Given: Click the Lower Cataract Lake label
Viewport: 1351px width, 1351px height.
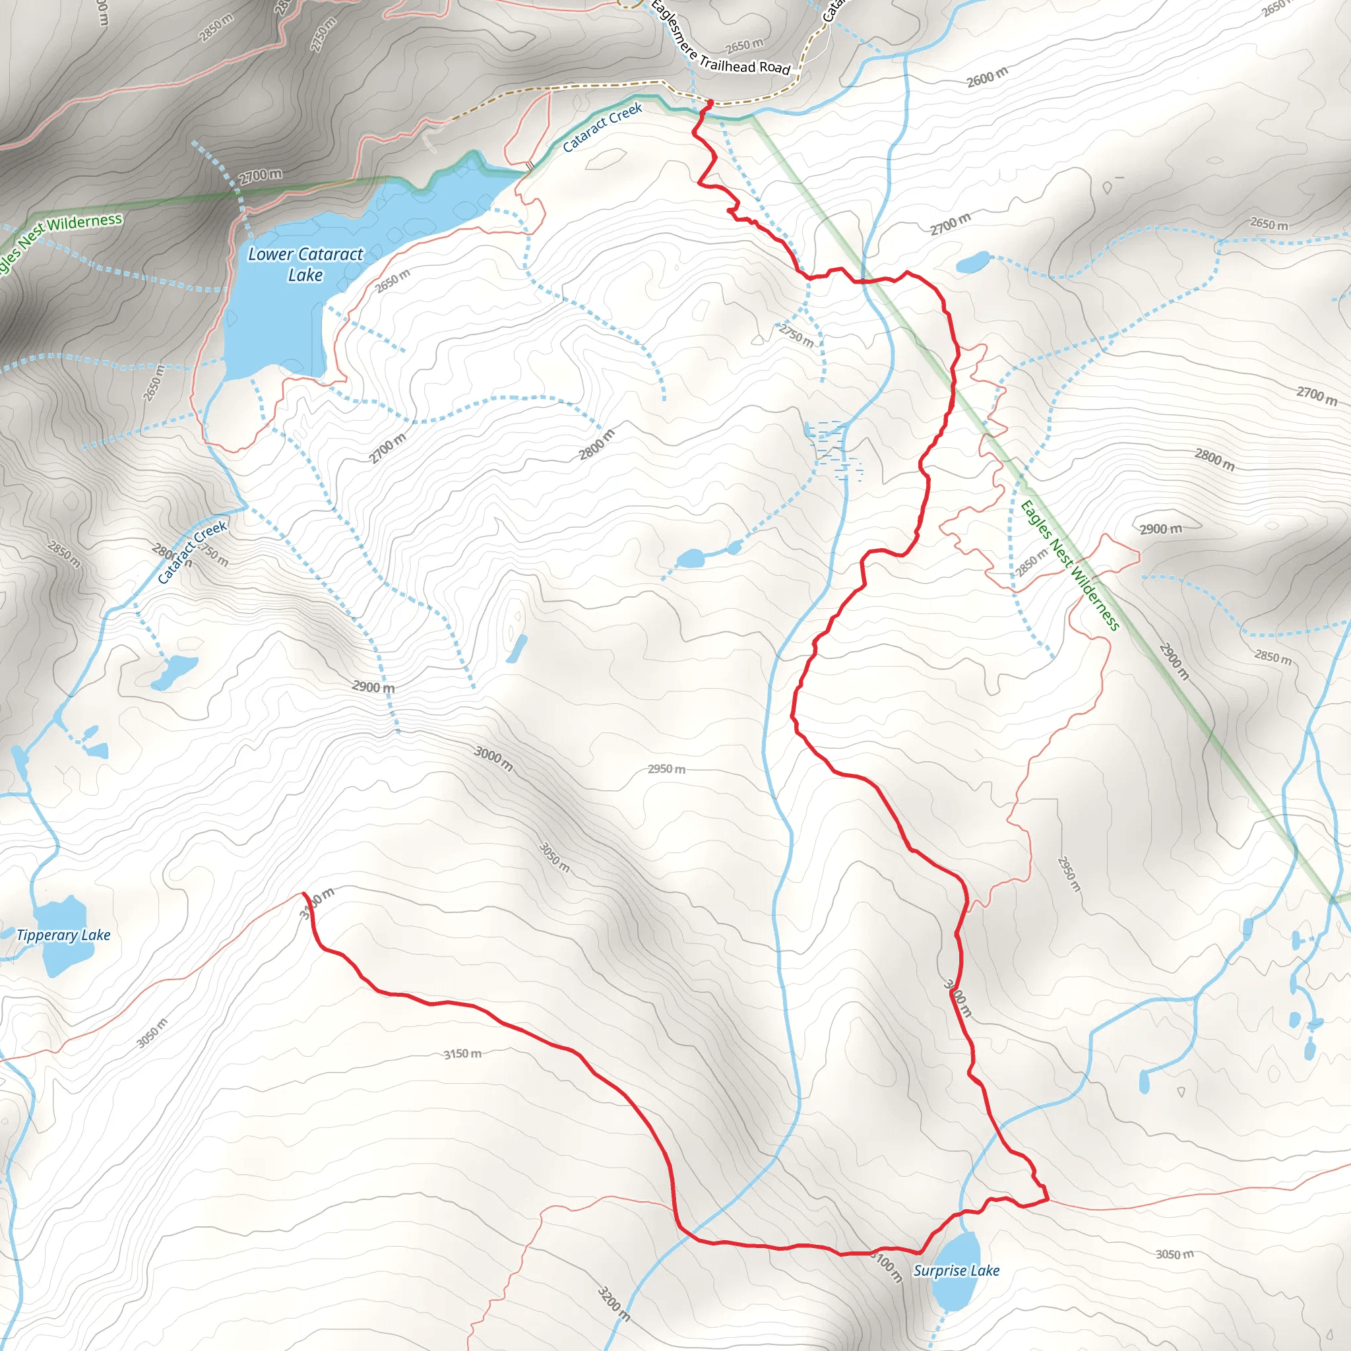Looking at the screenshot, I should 305,265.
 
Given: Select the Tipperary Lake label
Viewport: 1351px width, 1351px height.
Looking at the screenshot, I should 63,935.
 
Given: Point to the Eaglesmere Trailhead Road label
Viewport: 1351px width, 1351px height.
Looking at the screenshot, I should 720,42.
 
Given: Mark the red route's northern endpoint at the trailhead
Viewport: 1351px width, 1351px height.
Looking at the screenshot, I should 710,104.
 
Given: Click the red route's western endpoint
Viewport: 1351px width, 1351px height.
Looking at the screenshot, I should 303,894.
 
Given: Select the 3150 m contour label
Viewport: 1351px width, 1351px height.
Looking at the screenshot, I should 462,1053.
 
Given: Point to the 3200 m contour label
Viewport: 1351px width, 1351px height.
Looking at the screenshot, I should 613,1303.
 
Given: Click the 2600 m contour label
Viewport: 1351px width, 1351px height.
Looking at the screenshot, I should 987,77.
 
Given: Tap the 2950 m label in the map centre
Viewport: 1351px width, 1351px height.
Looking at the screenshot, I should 666,769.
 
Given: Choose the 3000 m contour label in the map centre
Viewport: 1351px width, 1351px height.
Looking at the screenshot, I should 493,759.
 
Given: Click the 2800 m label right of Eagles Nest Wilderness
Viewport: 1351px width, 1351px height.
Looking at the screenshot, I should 1214,458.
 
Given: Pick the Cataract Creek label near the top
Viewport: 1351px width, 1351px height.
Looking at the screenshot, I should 602,127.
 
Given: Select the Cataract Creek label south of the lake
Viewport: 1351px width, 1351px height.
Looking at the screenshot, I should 191,552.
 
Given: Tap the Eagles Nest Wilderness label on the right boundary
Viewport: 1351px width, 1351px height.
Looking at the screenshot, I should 1069,565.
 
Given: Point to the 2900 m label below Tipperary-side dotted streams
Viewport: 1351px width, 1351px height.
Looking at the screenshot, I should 373,687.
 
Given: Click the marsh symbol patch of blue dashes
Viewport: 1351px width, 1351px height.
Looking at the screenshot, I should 836,447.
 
